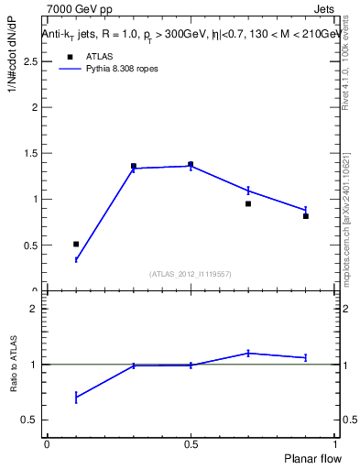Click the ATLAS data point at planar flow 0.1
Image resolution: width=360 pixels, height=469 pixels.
click(x=76, y=244)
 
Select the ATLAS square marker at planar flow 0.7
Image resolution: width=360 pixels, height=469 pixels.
click(x=248, y=203)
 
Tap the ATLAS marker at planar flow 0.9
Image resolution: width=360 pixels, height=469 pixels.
click(x=306, y=216)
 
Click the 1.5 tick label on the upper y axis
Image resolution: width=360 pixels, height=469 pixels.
click(x=36, y=153)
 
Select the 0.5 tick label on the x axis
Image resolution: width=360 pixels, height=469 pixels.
click(x=191, y=444)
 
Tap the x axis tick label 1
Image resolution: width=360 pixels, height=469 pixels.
click(x=334, y=444)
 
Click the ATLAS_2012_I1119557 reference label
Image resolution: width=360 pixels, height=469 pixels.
click(x=191, y=274)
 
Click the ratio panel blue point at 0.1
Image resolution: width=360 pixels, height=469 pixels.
click(x=76, y=397)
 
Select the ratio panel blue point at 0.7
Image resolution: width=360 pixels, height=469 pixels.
click(x=248, y=353)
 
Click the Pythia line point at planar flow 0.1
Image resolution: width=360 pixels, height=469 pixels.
click(x=76, y=260)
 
